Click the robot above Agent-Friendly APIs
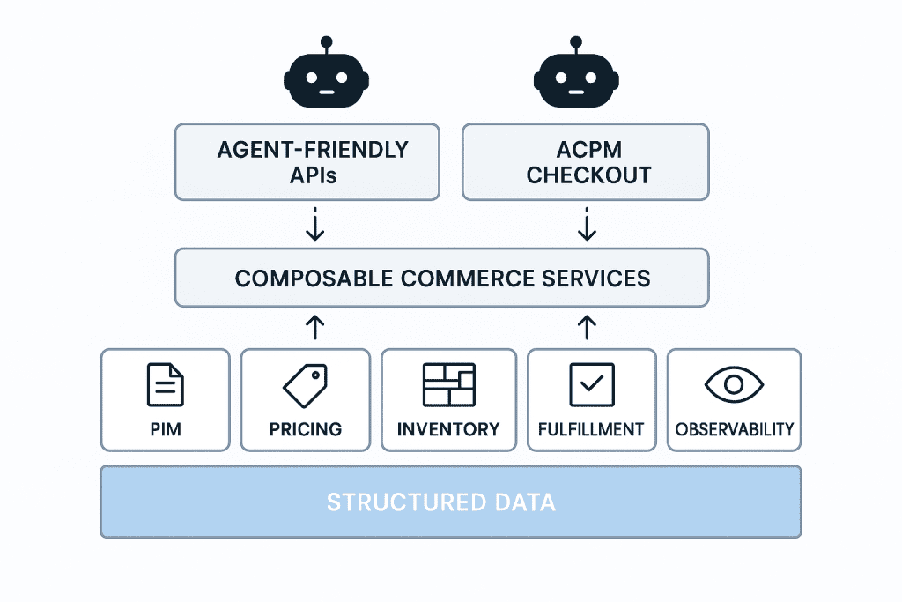click(x=326, y=78)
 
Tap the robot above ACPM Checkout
click(x=576, y=78)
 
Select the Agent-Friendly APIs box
click(x=307, y=161)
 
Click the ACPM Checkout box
click(x=586, y=161)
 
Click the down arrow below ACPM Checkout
click(x=587, y=224)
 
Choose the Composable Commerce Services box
click(x=442, y=278)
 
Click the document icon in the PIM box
click(x=165, y=385)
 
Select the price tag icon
click(x=305, y=385)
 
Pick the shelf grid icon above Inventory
click(x=448, y=385)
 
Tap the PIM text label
click(x=165, y=430)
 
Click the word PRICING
click(x=305, y=430)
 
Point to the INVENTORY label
click(x=448, y=430)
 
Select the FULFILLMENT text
click(x=591, y=430)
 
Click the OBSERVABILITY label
click(x=734, y=430)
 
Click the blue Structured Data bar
click(x=450, y=502)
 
